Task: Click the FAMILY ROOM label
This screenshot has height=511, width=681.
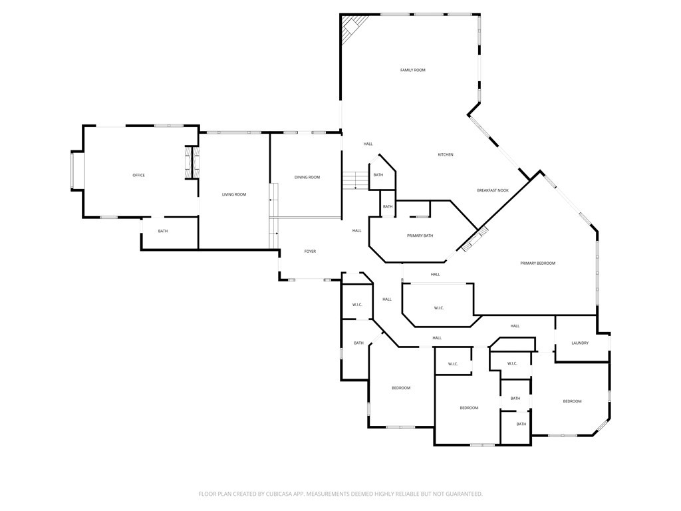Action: pos(412,70)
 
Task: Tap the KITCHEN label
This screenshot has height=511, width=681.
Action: pos(445,155)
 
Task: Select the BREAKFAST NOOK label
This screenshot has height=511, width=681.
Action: pos(492,190)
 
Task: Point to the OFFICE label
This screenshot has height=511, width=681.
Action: pos(138,175)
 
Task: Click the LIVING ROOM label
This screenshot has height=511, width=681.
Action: pos(234,194)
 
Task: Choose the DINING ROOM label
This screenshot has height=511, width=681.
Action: pos(307,177)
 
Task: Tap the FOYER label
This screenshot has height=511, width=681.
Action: pos(310,252)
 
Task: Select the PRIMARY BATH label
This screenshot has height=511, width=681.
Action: pos(420,236)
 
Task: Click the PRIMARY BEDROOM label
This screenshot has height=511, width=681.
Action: pos(537,263)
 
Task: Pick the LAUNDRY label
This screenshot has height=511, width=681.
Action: pos(580,343)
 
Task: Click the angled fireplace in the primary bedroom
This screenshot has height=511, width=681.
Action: pos(475,239)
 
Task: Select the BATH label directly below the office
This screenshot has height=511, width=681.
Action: pos(163,231)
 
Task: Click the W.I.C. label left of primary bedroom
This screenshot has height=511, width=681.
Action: pos(438,307)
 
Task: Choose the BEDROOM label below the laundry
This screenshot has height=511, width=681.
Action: pos(572,401)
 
